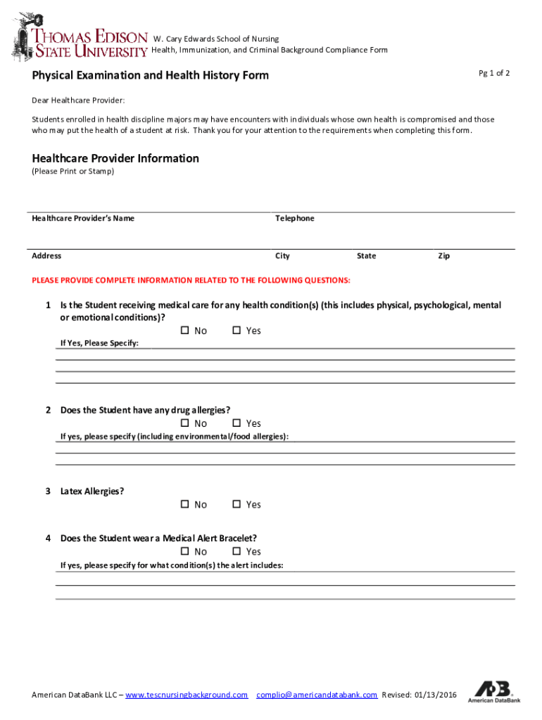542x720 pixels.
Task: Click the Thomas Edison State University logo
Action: [x=79, y=36]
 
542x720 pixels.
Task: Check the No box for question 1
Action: [x=185, y=330]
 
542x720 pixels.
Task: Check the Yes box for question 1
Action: [x=237, y=330]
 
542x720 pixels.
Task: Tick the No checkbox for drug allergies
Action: [x=185, y=423]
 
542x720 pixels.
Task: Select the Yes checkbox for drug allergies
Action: [x=237, y=423]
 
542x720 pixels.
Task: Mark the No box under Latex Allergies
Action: [x=185, y=504]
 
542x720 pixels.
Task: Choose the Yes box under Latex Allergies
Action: [x=237, y=504]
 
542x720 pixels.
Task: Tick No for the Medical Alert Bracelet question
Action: [x=185, y=551]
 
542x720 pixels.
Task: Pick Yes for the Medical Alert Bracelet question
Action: [x=237, y=551]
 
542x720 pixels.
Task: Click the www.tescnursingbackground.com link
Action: [x=187, y=695]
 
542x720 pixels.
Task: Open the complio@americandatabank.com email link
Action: [x=317, y=695]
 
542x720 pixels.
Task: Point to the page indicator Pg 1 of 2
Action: [x=494, y=73]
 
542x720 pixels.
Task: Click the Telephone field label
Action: [x=294, y=219]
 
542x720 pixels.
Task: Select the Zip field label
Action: [x=443, y=256]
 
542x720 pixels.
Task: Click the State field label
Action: [x=366, y=256]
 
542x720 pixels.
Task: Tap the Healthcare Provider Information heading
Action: [x=115, y=158]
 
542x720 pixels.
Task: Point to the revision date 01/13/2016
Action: [x=436, y=695]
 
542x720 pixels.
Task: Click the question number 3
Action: [x=48, y=491]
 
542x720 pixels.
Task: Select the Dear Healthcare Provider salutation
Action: [x=78, y=101]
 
